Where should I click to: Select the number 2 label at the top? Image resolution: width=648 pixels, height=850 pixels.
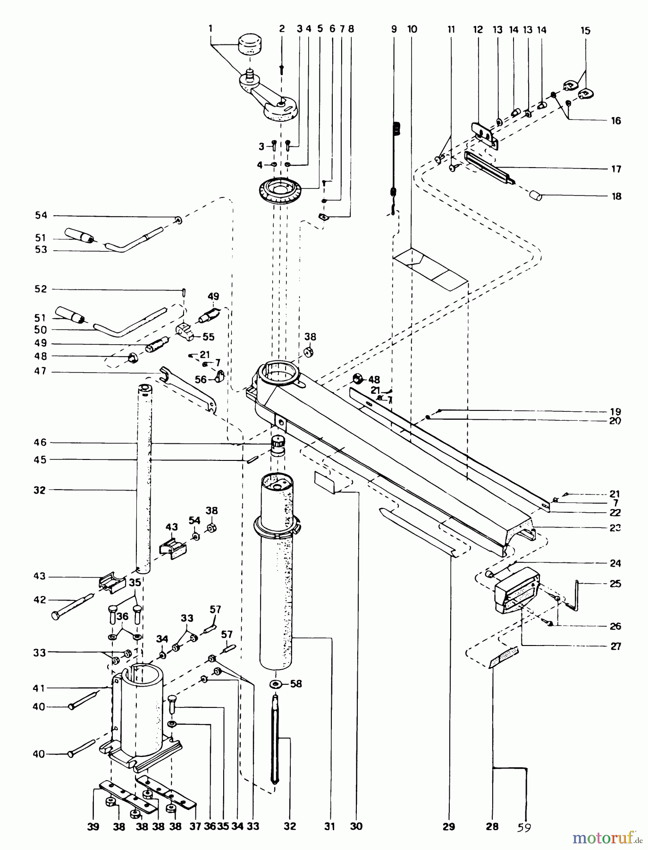(x=282, y=29)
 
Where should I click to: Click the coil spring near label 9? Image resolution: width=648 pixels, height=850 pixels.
(x=396, y=129)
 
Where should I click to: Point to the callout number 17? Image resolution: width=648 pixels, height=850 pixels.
(x=616, y=169)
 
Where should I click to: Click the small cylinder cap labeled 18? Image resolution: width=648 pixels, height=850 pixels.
(x=535, y=195)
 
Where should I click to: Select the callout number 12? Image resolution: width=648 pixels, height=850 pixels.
(x=478, y=30)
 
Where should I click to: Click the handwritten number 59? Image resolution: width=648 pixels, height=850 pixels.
(x=523, y=827)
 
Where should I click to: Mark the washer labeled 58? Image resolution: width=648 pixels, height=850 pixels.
(x=276, y=684)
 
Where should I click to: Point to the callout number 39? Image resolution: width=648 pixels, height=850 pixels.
(x=93, y=826)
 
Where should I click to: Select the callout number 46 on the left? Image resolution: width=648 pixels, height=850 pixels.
(x=40, y=442)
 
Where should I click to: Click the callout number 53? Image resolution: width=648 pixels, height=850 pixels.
(x=41, y=250)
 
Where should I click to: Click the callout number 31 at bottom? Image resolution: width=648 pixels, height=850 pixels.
(x=329, y=826)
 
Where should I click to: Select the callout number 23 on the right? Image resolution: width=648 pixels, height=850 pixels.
(x=614, y=528)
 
